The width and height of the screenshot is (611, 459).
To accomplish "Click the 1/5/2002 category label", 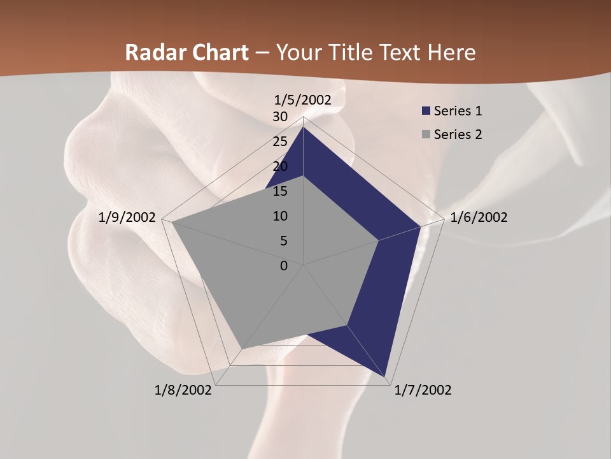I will pyautogui.click(x=303, y=100).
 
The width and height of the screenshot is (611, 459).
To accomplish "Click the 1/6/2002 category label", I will pyautogui.click(x=479, y=217).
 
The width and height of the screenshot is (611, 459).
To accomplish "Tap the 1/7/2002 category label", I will pyautogui.click(x=423, y=390).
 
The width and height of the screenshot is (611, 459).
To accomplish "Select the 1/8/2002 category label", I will pyautogui.click(x=183, y=390).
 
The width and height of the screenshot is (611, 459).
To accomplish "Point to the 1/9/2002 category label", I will pyautogui.click(x=127, y=217).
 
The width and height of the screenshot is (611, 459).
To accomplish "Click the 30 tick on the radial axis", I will pyautogui.click(x=280, y=117).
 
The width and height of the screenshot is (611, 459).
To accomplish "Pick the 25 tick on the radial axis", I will pyautogui.click(x=280, y=142).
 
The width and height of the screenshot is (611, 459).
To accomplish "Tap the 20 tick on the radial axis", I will pyautogui.click(x=280, y=166).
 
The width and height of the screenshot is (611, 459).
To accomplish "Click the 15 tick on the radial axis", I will pyautogui.click(x=280, y=191).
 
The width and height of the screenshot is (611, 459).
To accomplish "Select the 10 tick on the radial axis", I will pyautogui.click(x=280, y=216).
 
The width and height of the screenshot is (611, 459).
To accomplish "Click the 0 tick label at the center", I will pyautogui.click(x=284, y=266).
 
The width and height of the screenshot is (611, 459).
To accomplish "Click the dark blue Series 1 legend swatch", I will pyautogui.click(x=426, y=111).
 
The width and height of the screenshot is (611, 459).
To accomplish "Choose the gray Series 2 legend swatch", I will pyautogui.click(x=426, y=135).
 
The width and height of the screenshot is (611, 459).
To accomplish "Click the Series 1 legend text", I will pyautogui.click(x=458, y=111).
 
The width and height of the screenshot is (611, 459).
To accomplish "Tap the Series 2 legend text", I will pyautogui.click(x=458, y=135).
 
